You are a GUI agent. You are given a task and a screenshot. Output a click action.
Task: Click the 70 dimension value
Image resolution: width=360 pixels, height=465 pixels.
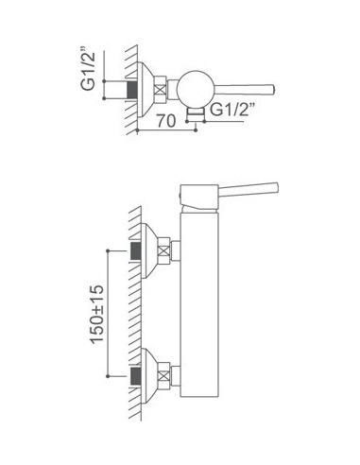(166, 121)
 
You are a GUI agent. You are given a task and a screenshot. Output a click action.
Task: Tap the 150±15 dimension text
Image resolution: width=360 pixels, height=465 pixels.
(96, 314)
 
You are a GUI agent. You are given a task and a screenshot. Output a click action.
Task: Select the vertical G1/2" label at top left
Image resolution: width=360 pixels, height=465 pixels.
(88, 69)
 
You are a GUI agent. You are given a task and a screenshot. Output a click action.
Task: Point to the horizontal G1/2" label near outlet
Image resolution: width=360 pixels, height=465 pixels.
(231, 110)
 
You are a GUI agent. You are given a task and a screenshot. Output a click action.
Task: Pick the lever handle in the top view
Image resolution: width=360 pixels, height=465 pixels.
(245, 90)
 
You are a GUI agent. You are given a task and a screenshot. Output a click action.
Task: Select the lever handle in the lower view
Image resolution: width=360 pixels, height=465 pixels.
(249, 189)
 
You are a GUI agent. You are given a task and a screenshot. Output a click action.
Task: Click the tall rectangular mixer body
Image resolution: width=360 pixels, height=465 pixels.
(199, 304)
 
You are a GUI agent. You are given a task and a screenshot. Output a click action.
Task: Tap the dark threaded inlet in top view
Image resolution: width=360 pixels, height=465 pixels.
(132, 90)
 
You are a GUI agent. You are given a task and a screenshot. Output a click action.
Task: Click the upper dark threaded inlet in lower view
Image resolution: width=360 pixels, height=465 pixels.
(136, 250)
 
